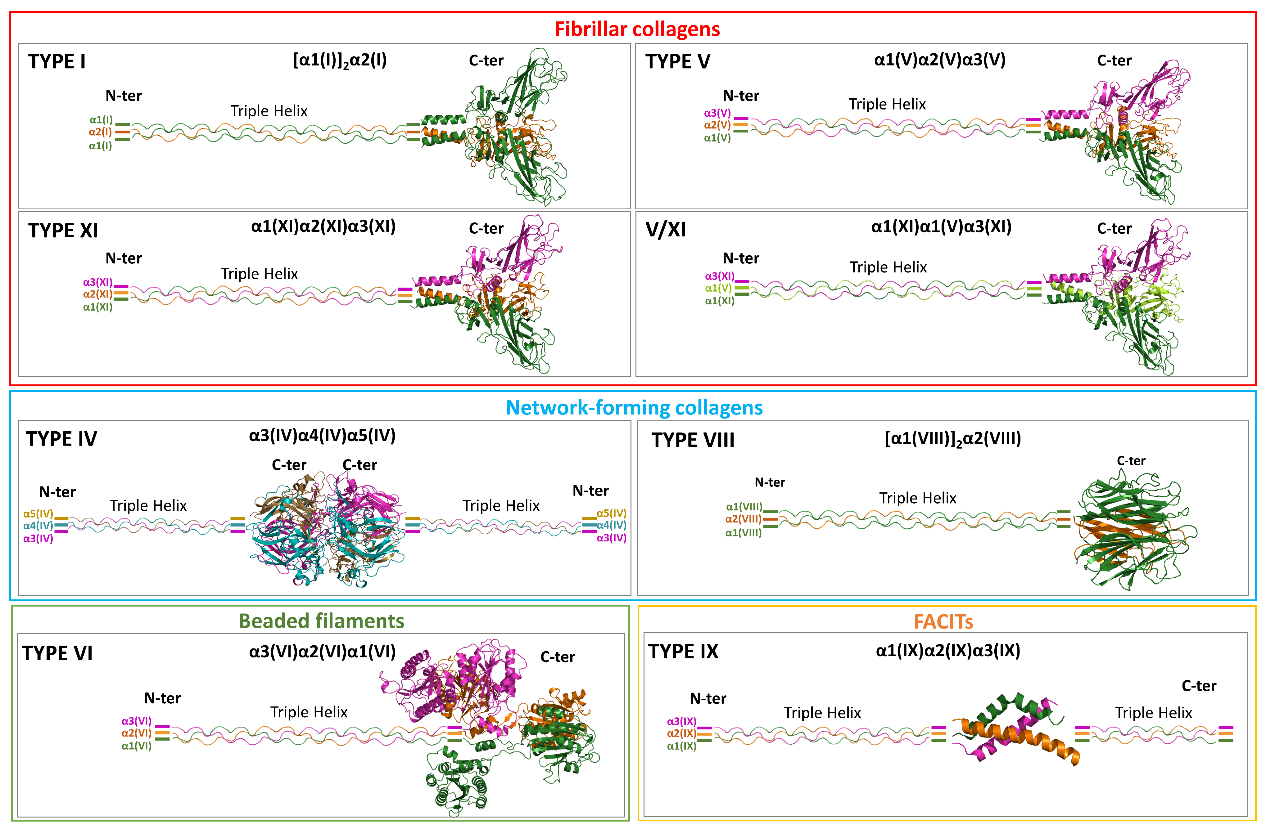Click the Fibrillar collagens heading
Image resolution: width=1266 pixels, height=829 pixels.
[637, 29]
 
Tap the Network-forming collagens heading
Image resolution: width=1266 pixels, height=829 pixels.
[634, 408]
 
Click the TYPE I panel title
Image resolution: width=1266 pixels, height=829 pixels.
[57, 62]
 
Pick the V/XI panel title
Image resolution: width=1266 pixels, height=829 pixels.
[666, 230]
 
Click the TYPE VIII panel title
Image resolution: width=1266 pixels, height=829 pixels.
[693, 440]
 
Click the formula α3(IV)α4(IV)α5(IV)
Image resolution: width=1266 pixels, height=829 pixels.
[322, 436]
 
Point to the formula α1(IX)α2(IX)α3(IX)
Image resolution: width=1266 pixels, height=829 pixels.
[948, 651]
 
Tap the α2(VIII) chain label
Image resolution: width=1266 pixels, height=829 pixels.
[743, 519]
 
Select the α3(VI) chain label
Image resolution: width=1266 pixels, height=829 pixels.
[136, 721]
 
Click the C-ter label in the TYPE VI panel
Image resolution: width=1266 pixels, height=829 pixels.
[558, 657]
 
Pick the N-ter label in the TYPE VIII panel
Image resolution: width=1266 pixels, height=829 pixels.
[769, 482]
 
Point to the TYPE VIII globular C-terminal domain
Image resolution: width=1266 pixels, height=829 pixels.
[1133, 532]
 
